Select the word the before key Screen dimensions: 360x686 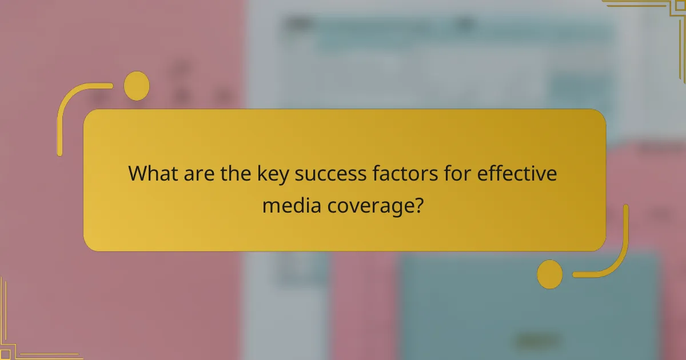click(235, 174)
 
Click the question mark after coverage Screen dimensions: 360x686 click(420, 204)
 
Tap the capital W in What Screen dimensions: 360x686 click(138, 174)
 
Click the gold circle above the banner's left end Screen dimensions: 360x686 click(137, 86)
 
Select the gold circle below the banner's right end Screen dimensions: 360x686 click(549, 274)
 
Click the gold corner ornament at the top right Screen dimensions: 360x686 click(657, 17)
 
